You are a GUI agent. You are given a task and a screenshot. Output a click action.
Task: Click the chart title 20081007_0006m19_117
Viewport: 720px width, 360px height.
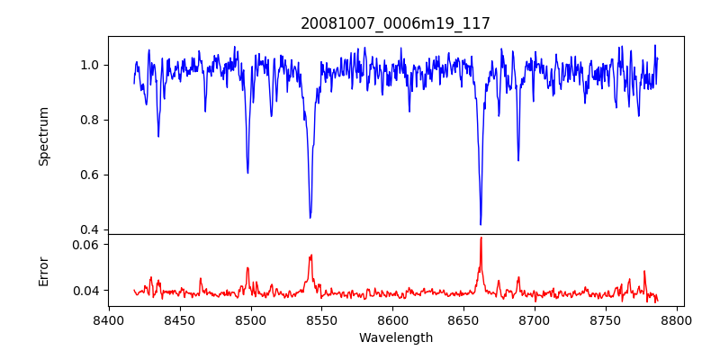[396, 23]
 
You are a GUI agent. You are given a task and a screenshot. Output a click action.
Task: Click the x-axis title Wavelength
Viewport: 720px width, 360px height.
[396, 338]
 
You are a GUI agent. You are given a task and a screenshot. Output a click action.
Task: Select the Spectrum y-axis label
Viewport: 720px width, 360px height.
[44, 136]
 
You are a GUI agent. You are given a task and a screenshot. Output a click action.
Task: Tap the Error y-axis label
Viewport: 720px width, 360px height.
[44, 271]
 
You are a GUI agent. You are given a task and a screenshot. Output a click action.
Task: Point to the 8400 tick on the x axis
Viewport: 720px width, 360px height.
[109, 319]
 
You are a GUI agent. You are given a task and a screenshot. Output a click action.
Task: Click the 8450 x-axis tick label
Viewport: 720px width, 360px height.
[180, 319]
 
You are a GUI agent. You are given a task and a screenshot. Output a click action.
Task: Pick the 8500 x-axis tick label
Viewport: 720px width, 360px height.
[251, 319]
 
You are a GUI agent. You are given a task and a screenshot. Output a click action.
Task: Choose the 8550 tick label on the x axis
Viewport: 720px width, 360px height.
[322, 319]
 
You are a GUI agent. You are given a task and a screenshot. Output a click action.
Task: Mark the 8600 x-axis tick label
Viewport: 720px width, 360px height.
[393, 319]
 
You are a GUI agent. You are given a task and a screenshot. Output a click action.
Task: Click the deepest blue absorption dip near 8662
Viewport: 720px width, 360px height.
[481, 224]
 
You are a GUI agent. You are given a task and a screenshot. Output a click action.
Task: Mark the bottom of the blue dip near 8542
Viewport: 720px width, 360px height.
[310, 217]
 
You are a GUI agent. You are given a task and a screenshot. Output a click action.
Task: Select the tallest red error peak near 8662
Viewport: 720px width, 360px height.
[481, 238]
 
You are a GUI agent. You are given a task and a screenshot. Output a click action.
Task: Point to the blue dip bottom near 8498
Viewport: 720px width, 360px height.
[247, 173]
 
